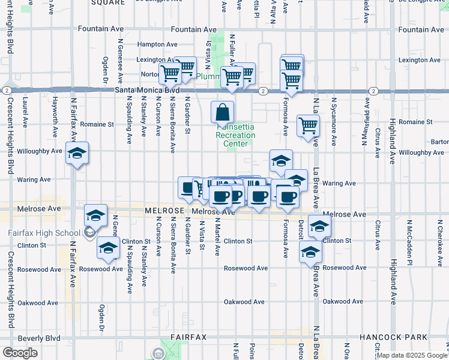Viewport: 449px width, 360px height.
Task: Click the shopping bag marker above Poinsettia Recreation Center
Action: coord(222,112)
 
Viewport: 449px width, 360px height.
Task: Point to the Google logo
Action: coord(20,353)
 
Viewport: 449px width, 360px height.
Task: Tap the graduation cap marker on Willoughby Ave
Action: coord(77,154)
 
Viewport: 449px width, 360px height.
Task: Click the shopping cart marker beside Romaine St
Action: coord(308,126)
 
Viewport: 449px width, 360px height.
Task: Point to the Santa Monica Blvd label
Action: coord(142,91)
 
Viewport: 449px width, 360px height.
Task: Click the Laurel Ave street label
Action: coord(25,112)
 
